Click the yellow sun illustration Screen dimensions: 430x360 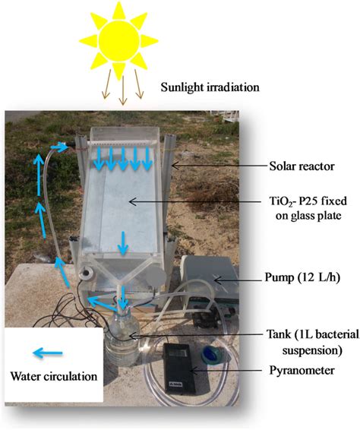pos(119,36)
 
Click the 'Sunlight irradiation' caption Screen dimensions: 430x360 pos(210,87)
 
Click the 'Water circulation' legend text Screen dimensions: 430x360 pos(53,375)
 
